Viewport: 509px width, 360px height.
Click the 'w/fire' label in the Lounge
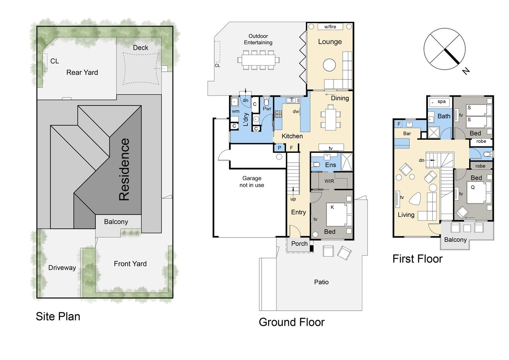click(330, 27)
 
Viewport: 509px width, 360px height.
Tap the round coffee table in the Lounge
click(329, 65)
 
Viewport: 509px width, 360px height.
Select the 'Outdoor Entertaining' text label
click(258, 39)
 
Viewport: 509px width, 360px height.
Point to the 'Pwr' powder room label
click(267, 109)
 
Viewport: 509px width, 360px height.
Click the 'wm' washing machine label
click(236, 111)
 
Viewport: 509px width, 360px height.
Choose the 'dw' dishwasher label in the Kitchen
click(295, 111)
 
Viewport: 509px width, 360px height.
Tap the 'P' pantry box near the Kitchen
click(280, 148)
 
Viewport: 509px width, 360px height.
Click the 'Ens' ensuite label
click(330, 165)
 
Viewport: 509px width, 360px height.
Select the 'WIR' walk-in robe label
click(329, 181)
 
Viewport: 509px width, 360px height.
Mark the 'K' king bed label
click(332, 207)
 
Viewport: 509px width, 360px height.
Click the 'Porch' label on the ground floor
click(299, 243)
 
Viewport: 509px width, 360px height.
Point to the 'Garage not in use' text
click(252, 181)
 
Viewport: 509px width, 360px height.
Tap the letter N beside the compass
click(466, 71)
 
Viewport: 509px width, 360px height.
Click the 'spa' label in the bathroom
click(441, 101)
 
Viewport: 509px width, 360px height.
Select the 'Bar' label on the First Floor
click(407, 133)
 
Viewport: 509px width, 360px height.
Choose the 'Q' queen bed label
click(473, 187)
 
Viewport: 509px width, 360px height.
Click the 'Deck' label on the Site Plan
click(140, 48)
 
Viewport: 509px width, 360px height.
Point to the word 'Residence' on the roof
click(124, 169)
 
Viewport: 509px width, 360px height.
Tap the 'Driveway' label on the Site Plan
click(62, 268)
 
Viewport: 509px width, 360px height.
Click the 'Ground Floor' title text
click(291, 322)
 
